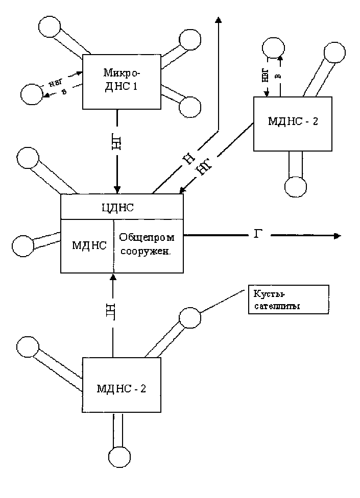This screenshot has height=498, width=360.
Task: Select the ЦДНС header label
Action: point(122,207)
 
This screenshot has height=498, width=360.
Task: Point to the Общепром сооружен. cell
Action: point(148,245)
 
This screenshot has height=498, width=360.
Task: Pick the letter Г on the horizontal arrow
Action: point(258,235)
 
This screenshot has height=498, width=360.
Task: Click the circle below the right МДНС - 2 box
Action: point(296,187)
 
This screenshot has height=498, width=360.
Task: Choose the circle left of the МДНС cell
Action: point(22,245)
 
